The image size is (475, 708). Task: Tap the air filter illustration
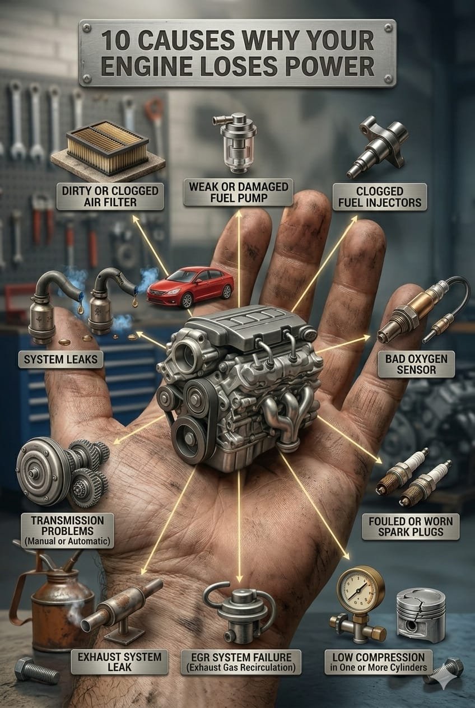point(108,149)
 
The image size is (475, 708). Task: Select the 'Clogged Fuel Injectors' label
point(380,197)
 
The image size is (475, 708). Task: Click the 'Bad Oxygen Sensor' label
point(416,364)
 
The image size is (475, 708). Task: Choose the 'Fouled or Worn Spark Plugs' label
point(411,527)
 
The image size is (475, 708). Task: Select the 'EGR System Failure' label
point(241,662)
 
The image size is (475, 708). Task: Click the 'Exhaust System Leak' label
point(119,662)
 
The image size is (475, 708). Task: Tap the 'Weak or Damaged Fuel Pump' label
point(239,192)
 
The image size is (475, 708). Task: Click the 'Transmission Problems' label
point(67,530)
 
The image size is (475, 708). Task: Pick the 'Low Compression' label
point(379,662)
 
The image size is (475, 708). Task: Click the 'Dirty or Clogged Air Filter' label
point(110,196)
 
